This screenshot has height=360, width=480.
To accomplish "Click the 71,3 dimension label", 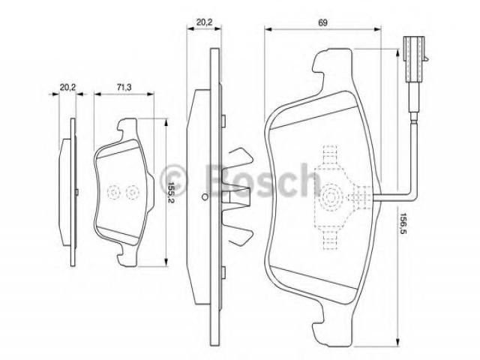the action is (x=124, y=87).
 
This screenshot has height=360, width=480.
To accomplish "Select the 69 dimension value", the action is (x=322, y=22).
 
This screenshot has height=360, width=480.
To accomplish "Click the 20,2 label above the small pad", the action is (x=67, y=87).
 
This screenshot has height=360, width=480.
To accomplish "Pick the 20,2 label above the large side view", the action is (x=205, y=22).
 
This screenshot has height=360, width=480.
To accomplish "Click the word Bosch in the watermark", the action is (x=262, y=181).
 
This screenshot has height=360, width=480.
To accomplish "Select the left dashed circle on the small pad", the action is (x=113, y=193).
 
